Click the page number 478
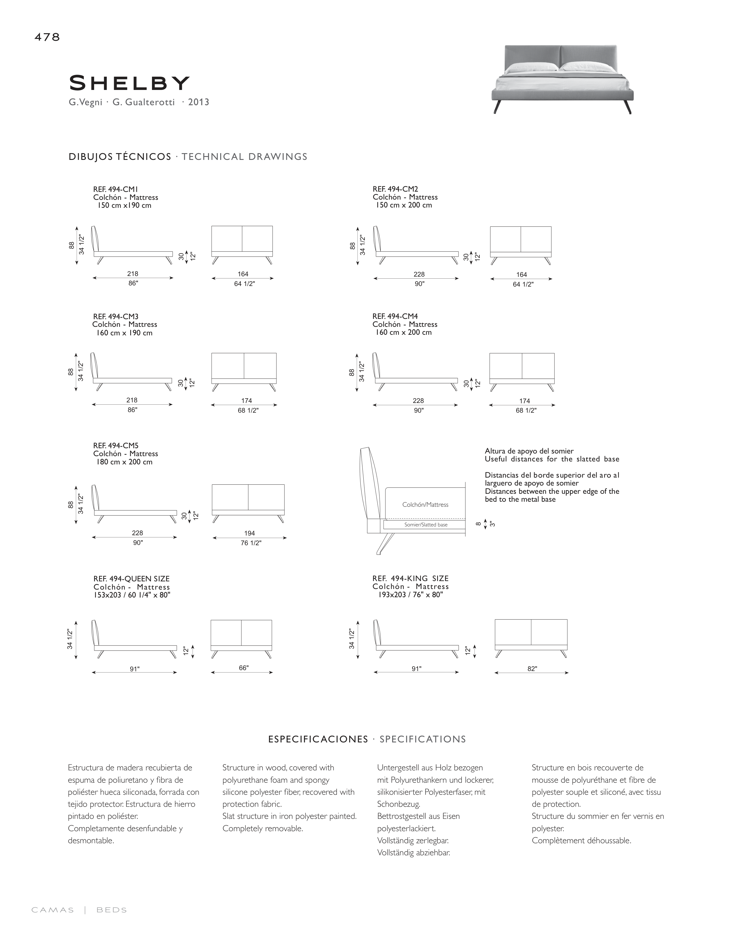(47, 37)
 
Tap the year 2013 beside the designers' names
(198, 102)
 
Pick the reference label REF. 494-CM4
(395, 316)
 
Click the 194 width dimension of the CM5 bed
(250, 533)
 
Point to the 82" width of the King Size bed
(532, 668)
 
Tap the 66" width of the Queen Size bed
(244, 668)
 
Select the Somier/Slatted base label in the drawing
(425, 525)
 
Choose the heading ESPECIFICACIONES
(318, 739)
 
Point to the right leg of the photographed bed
(627, 107)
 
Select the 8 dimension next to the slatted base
(478, 524)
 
